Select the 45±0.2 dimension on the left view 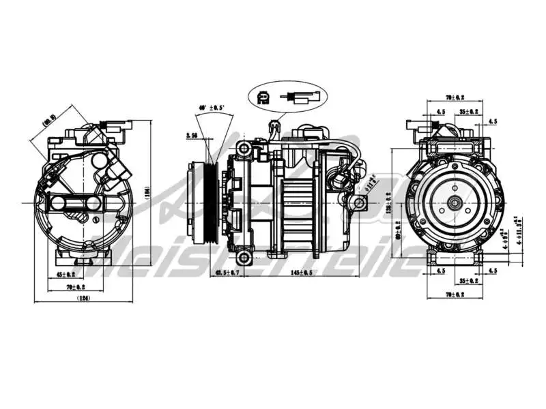(x=66, y=275)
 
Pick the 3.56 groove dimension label (x=192, y=136)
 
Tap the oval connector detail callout (x=289, y=98)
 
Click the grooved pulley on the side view (x=203, y=202)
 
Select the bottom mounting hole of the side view (x=244, y=258)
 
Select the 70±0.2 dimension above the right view (x=455, y=98)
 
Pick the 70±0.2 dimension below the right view (x=455, y=294)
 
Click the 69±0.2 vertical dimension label (x=399, y=237)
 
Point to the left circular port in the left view (x=59, y=202)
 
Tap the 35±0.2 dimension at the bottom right (x=468, y=280)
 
